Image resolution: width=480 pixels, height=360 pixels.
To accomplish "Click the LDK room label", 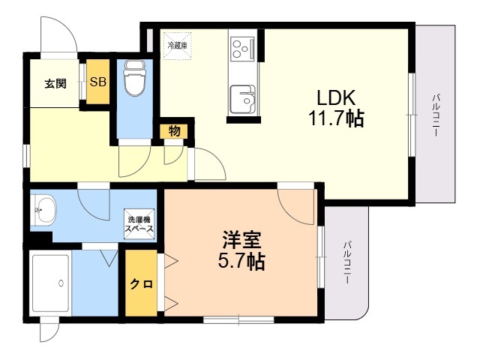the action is pos(336,98).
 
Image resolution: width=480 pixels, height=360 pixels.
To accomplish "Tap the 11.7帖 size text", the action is pos(336,118).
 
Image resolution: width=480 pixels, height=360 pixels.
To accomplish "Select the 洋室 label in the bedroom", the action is pos(241,240).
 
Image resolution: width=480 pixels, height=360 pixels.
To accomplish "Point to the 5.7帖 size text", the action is pos(241,261).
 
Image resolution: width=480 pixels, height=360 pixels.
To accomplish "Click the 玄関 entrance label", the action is pos(55,83).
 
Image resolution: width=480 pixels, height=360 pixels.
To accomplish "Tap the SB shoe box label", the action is pos(98,82).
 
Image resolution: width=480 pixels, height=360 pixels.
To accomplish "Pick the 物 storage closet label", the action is pos(174,131).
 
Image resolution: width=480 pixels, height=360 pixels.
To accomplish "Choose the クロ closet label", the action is pos(142,284).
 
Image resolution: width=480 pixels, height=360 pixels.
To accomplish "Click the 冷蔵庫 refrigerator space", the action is pos(177,46).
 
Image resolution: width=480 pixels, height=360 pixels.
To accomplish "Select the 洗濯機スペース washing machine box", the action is pos(139,223).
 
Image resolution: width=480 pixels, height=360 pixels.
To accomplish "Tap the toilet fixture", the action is pos(134,78).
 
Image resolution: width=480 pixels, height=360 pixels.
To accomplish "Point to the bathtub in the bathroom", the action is pos(51,283).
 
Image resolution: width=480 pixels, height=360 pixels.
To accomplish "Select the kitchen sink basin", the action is pos(243,99).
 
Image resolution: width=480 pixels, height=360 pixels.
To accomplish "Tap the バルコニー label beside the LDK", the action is pos(435,115).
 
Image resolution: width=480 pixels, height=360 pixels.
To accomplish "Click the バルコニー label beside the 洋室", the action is pos(346,262).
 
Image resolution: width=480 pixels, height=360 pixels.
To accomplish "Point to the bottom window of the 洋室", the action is pos(238,320).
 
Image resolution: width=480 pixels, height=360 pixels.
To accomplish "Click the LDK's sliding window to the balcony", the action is pos(412,115).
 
